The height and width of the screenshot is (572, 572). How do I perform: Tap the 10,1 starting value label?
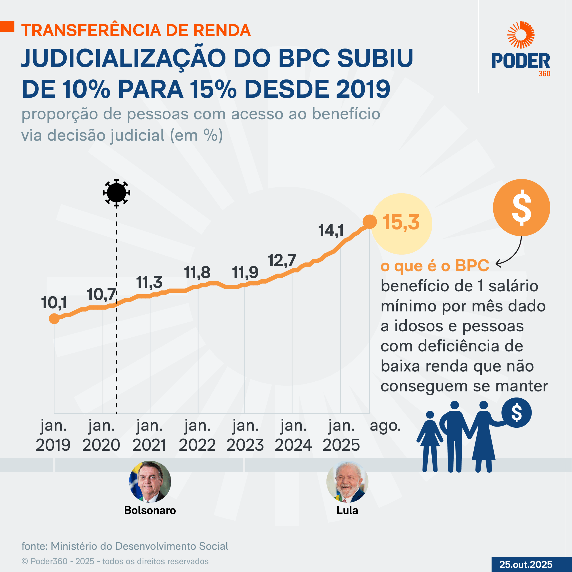[x=54, y=303]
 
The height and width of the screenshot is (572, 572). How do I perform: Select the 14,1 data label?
[x=331, y=230]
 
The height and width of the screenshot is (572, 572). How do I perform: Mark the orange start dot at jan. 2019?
[x=54, y=319]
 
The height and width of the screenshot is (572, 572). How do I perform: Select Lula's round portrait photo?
[x=347, y=482]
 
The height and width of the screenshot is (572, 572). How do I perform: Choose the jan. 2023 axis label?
[x=245, y=435]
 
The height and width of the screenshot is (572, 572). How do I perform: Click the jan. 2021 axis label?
[x=149, y=435]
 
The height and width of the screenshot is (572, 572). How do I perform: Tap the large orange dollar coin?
[x=521, y=207]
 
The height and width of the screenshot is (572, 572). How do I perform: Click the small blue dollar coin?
[x=517, y=413]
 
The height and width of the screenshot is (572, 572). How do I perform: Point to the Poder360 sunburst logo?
[x=521, y=35]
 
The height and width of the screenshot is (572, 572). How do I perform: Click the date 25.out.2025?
[x=526, y=564]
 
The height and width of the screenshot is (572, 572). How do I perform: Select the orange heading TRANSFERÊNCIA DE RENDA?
[x=136, y=30]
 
